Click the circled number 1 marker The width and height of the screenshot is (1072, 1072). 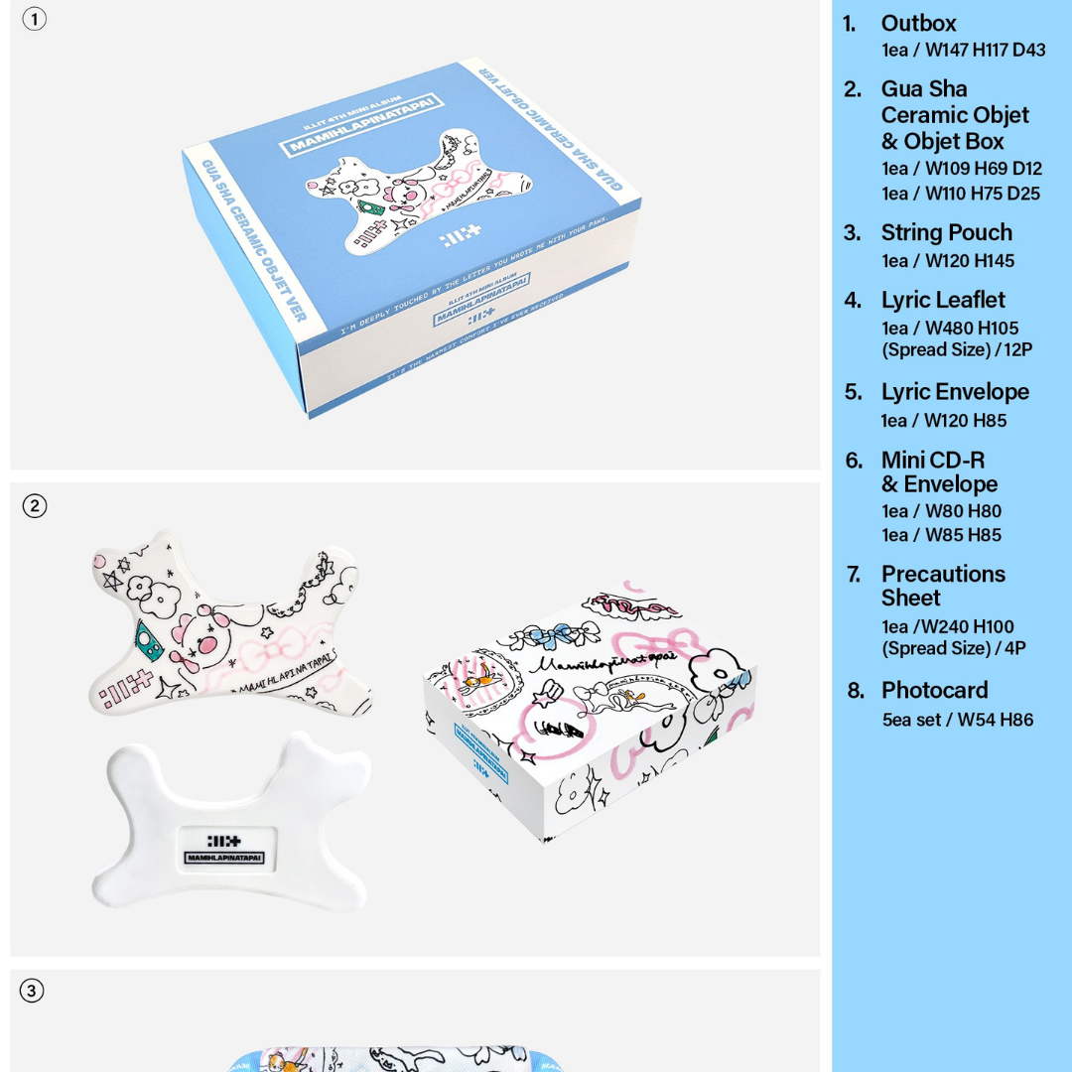click(34, 19)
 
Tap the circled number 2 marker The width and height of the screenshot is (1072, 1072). click(34, 505)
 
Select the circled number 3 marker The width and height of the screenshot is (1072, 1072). click(32, 991)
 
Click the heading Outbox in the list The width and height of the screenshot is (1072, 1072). click(918, 24)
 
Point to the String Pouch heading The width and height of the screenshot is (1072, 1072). click(946, 232)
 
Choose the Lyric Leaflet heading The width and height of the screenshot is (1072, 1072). click(942, 300)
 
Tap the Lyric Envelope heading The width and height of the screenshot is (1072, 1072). click(954, 392)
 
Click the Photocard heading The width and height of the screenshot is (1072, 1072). click(934, 690)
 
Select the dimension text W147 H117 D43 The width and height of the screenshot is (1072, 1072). click(963, 50)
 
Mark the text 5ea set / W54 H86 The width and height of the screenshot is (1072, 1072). click(957, 720)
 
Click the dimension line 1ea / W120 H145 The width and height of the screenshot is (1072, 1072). click(947, 261)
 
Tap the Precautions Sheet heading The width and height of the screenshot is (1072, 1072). click(942, 586)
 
